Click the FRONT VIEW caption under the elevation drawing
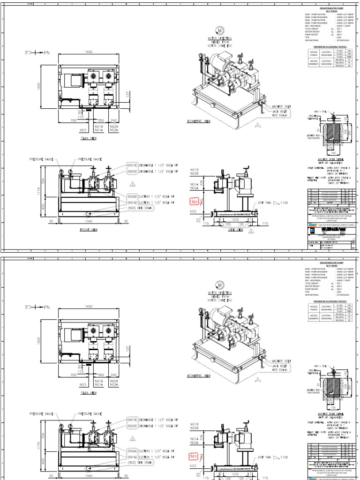[x=89, y=230]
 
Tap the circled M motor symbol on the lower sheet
[x=219, y=284]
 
